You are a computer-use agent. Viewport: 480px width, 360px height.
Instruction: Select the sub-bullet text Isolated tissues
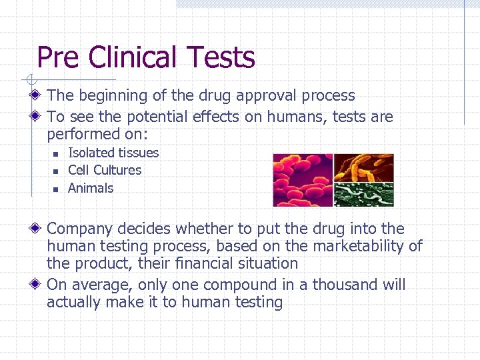click(x=113, y=153)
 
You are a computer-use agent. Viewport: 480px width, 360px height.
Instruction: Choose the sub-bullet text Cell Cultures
click(x=105, y=170)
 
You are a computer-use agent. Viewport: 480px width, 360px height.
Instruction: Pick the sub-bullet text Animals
click(x=91, y=188)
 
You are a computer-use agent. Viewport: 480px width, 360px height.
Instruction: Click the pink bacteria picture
click(x=303, y=180)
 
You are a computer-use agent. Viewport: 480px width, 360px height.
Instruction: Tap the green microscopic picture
click(x=363, y=194)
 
